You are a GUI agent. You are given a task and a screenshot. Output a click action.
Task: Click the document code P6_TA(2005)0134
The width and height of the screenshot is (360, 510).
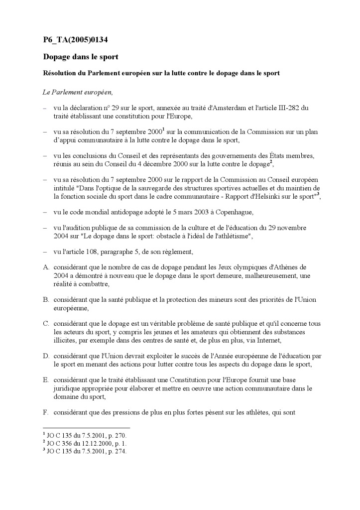[75, 40]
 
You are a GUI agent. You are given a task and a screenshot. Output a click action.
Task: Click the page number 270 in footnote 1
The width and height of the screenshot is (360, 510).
[120, 435]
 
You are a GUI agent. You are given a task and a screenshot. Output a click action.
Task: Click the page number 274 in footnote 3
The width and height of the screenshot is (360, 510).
[120, 451]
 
